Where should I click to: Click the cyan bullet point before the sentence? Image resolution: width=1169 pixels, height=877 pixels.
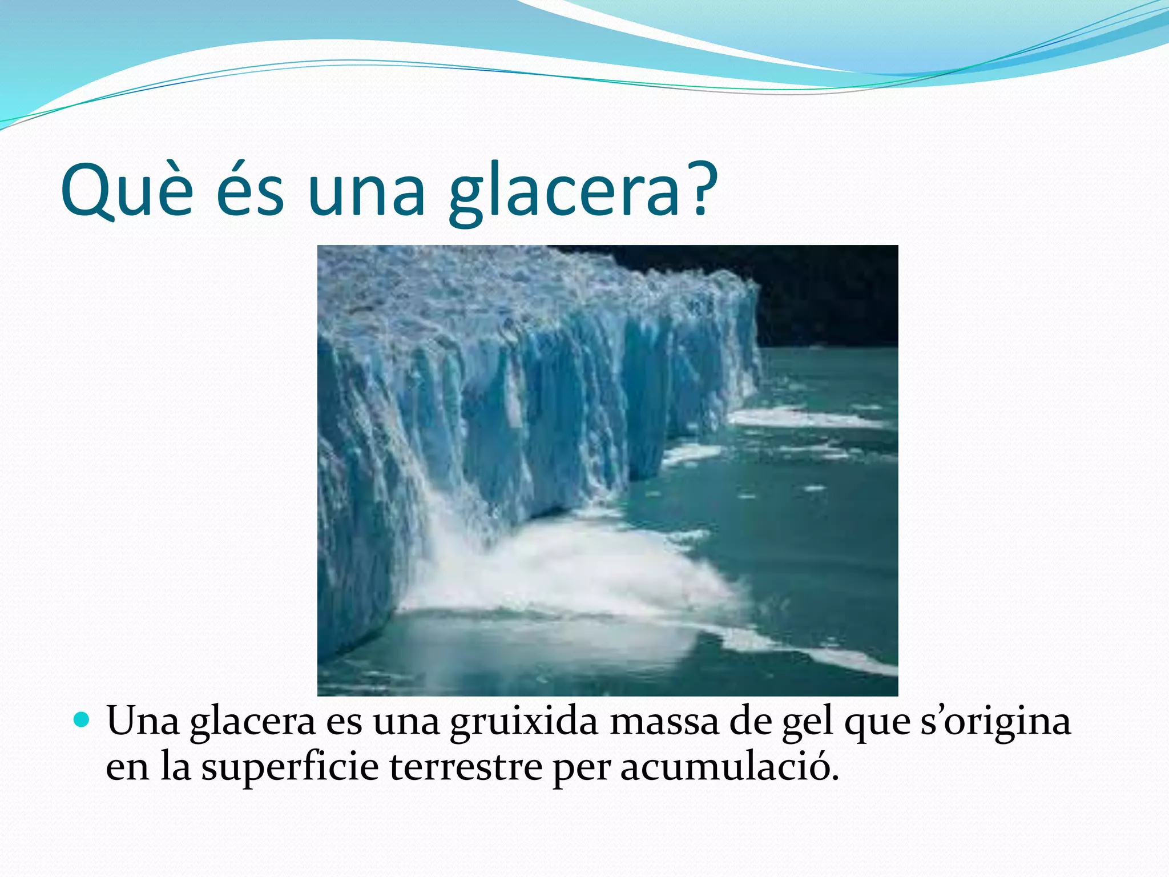82,721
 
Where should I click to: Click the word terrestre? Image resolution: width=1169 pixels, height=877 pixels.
466,767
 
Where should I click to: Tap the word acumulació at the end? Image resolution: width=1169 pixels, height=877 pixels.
729,767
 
